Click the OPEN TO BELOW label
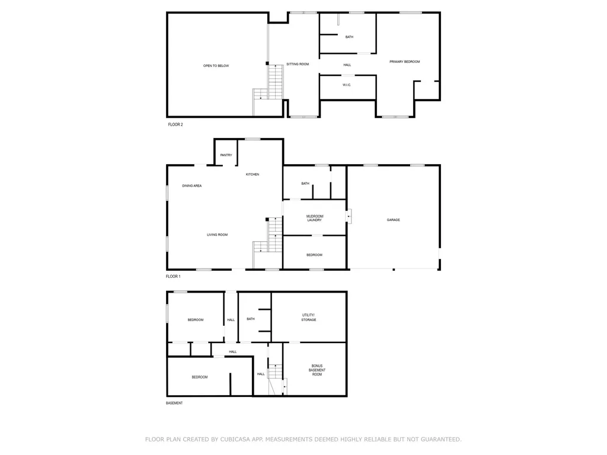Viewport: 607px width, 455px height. (216, 66)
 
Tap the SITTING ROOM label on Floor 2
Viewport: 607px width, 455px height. (298, 64)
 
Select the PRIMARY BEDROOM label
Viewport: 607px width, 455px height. (404, 62)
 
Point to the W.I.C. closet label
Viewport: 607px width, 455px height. (347, 85)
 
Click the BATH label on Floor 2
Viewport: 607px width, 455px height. (349, 37)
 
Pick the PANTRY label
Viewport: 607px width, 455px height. (226, 155)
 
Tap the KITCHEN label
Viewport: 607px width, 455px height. (253, 175)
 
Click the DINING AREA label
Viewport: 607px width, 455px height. (191, 185)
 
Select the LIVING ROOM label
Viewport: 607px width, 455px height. (217, 235)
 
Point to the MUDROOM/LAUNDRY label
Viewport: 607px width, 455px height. (315, 218)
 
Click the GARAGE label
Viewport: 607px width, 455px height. (394, 220)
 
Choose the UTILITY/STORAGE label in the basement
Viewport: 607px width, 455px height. (308, 318)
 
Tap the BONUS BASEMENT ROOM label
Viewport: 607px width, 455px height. (317, 370)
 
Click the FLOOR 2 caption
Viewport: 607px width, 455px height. (175, 124)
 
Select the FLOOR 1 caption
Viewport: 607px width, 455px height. (173, 276)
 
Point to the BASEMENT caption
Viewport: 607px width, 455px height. (174, 403)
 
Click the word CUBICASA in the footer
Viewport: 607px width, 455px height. (235, 440)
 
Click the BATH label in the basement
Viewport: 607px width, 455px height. (251, 319)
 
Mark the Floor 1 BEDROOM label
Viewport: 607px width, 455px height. (314, 255)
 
